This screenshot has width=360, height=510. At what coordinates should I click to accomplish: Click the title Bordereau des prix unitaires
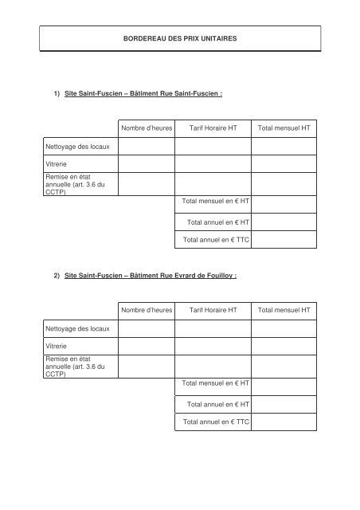coord(180,37)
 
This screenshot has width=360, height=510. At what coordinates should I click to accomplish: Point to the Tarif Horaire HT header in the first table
coord(213,127)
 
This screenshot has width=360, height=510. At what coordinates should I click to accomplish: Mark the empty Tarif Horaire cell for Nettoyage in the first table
coord(213,146)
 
